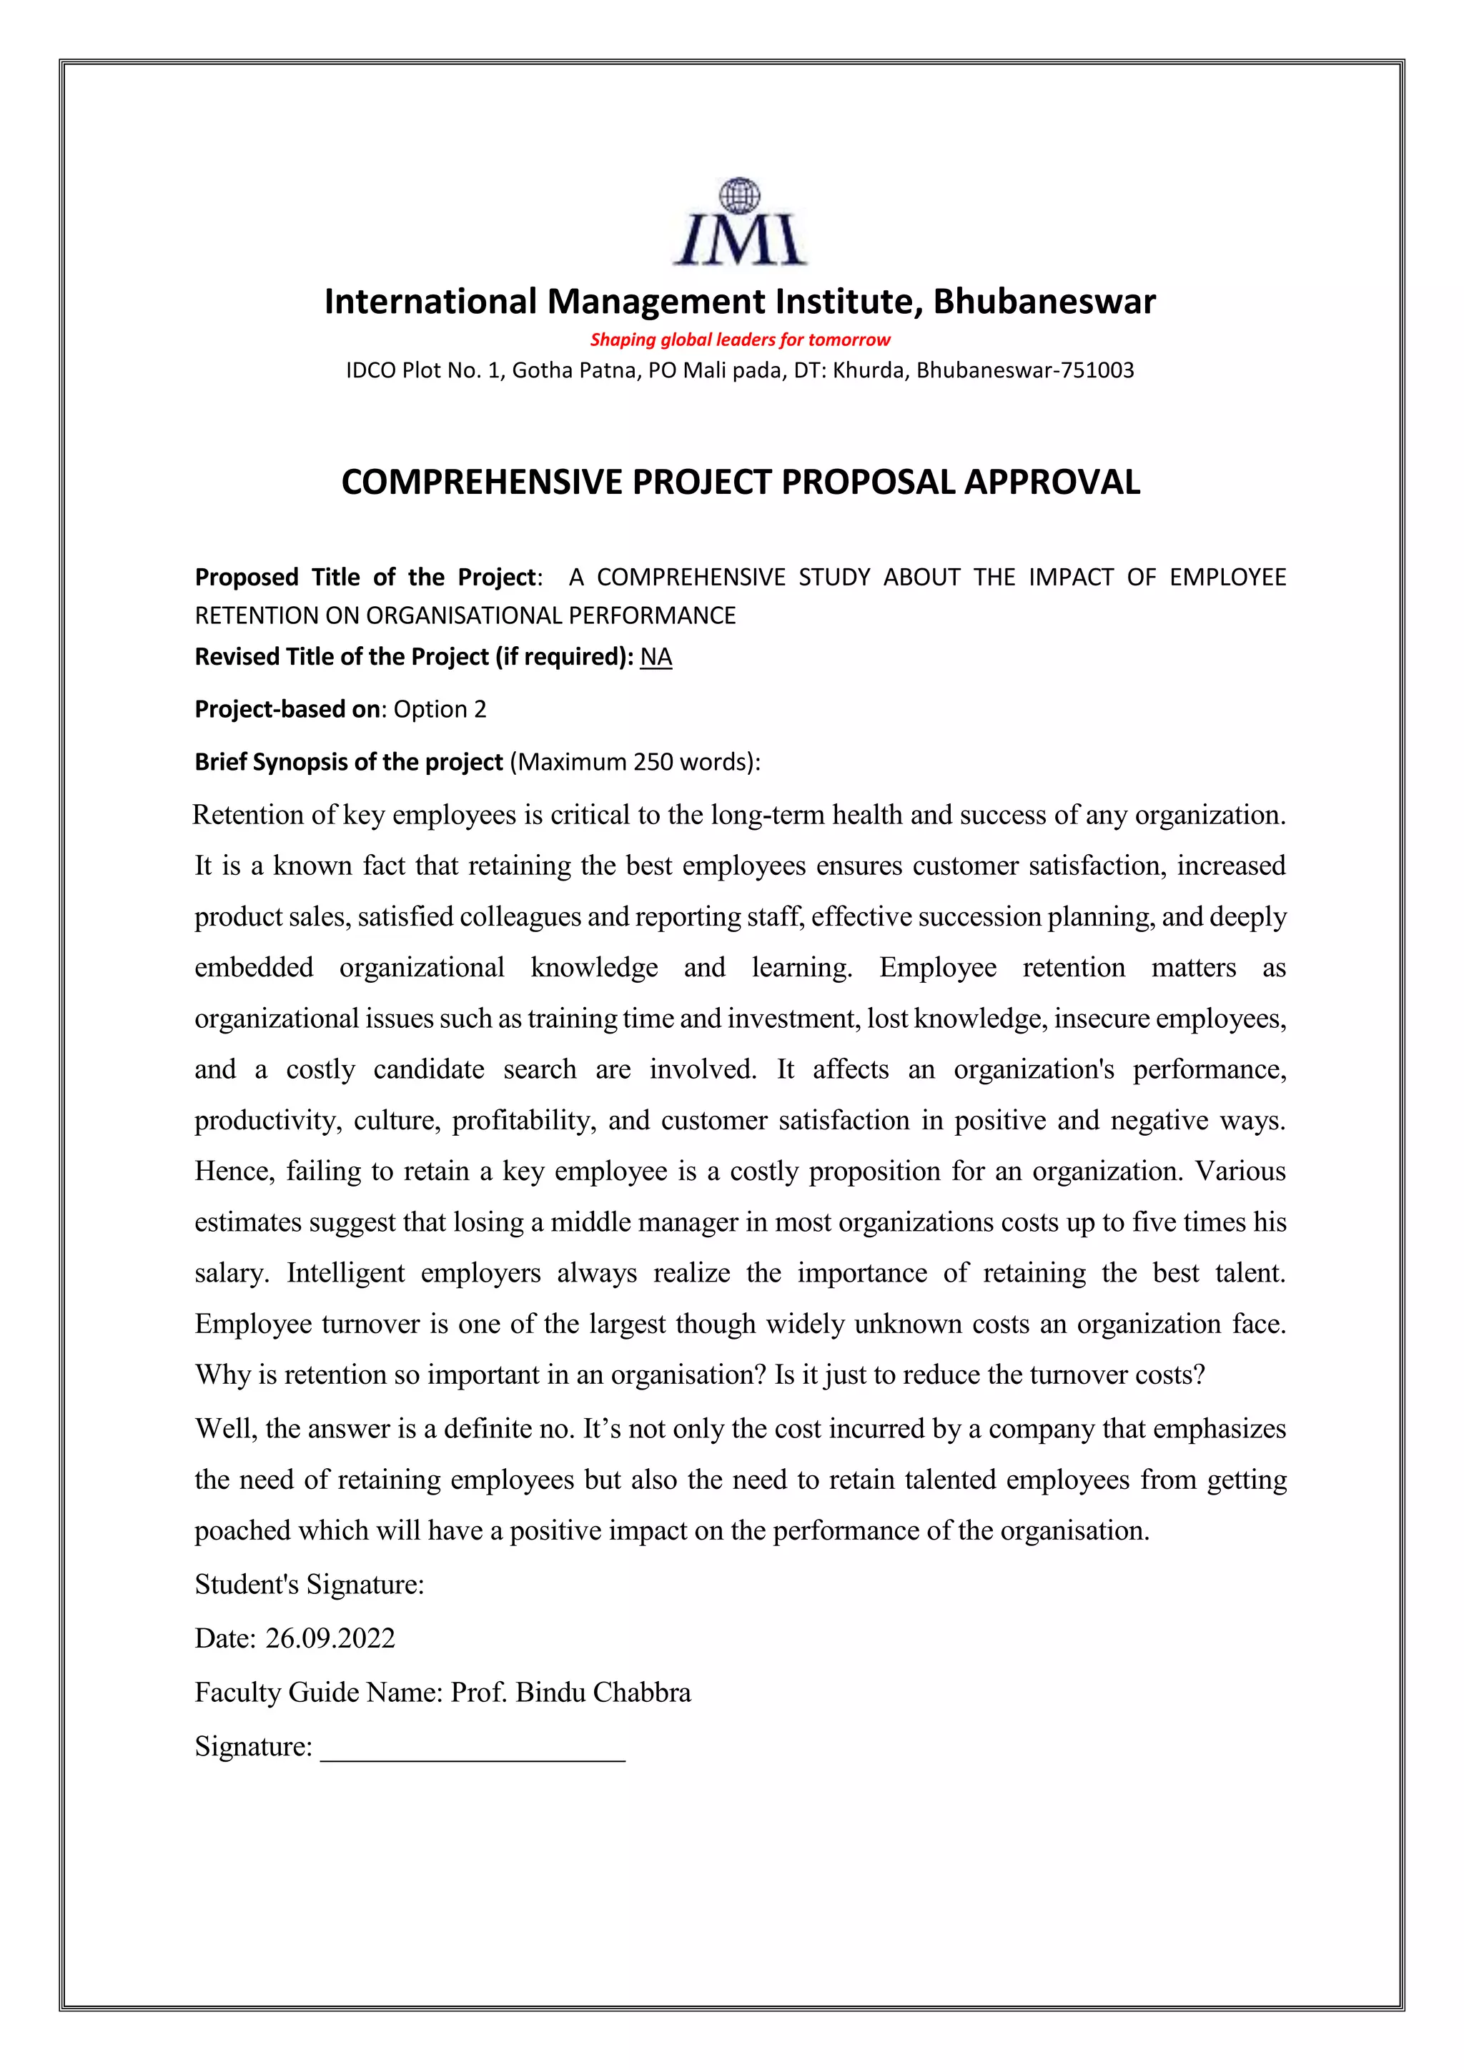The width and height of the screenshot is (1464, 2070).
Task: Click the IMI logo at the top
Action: [739, 223]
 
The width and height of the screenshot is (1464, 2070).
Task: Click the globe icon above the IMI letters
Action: [739, 194]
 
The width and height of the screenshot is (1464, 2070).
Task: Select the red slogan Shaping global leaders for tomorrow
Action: [739, 340]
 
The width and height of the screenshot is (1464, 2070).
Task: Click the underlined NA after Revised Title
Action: [656, 658]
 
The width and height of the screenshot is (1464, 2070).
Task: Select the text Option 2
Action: [440, 710]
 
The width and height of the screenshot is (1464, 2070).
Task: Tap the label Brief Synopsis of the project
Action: [348, 763]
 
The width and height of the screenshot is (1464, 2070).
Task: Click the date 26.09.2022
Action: [330, 1638]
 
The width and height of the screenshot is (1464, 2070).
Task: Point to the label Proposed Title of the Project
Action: [367, 577]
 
